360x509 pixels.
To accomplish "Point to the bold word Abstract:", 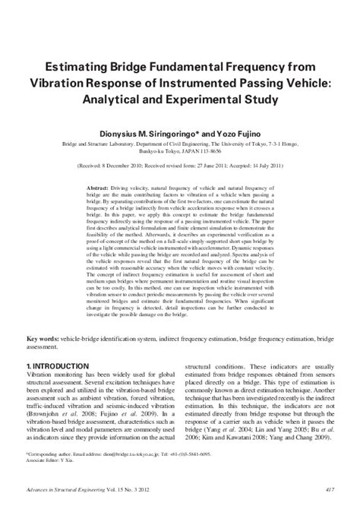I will [x=99, y=187].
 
